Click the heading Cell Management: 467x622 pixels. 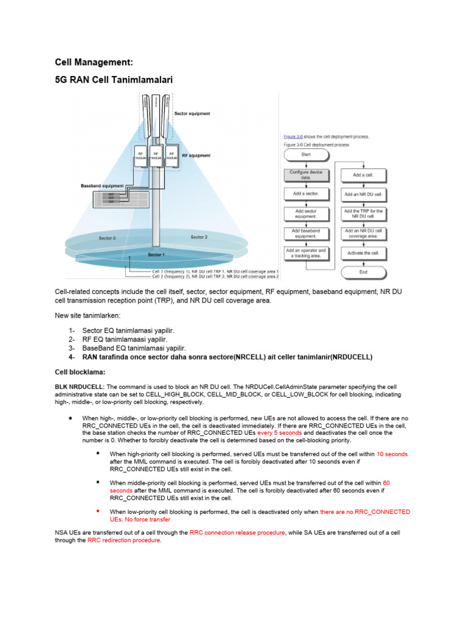[x=94, y=62]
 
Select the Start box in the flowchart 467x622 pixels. [x=306, y=155]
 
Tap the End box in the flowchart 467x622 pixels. [x=363, y=272]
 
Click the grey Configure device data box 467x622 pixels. [x=306, y=175]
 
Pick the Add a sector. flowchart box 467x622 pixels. [x=306, y=194]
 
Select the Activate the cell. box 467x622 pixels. [x=363, y=253]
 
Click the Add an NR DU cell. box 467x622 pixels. [x=363, y=195]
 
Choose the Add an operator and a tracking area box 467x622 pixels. [x=306, y=253]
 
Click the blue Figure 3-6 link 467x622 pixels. [x=294, y=137]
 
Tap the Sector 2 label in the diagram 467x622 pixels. [x=199, y=237]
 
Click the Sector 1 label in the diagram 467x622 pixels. [x=156, y=255]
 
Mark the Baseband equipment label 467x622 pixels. [x=102, y=185]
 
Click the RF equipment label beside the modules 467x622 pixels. [x=196, y=155]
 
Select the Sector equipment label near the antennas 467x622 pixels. [x=192, y=114]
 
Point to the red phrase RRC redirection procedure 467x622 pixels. [x=124, y=540]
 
